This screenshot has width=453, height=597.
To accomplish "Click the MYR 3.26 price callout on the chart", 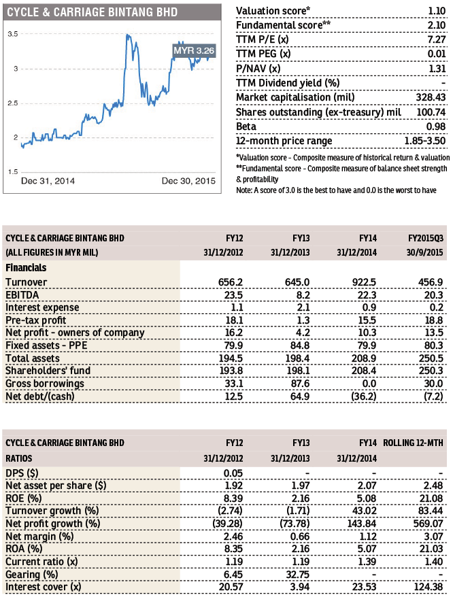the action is pyautogui.click(x=194, y=50).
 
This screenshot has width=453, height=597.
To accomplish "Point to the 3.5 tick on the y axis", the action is pyautogui.click(x=12, y=34).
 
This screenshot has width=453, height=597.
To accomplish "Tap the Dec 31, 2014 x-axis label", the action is pyautogui.click(x=48, y=181).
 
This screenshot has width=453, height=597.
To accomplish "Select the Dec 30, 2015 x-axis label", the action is pyautogui.click(x=188, y=181).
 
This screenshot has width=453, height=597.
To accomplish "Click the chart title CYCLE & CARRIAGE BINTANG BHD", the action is pyautogui.click(x=93, y=12).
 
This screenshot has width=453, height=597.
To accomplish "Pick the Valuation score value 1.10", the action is pyautogui.click(x=437, y=11).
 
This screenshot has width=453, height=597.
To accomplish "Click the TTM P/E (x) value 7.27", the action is pyautogui.click(x=437, y=39).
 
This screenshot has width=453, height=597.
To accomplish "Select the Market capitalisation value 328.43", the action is pyautogui.click(x=431, y=97).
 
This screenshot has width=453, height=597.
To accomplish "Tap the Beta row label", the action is pyautogui.click(x=246, y=126).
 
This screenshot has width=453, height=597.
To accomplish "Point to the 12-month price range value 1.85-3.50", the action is pyautogui.click(x=425, y=141).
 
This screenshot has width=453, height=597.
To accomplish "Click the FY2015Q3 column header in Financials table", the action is pyautogui.click(x=426, y=239).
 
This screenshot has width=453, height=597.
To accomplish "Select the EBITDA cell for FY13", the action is pyautogui.click(x=303, y=295).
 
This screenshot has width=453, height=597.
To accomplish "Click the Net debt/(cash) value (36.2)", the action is pyautogui.click(x=364, y=396).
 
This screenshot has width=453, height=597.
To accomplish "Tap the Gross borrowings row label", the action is pyautogui.click(x=45, y=383).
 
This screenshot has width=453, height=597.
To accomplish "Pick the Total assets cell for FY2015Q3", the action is pyautogui.click(x=431, y=358).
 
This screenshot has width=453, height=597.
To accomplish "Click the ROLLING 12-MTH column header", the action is pyautogui.click(x=413, y=443).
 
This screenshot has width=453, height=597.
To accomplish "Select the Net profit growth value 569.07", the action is pyautogui.click(x=428, y=524).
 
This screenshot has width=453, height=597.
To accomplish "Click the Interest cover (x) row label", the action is pyautogui.click(x=44, y=587).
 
